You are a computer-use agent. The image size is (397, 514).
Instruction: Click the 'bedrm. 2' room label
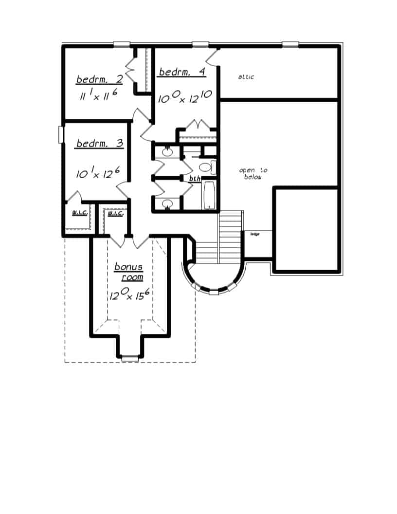(x=99, y=79)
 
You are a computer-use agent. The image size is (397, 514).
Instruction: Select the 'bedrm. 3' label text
(x=99, y=144)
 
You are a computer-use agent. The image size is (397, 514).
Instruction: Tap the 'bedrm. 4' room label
(x=182, y=72)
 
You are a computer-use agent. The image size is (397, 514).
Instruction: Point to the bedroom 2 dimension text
(x=99, y=96)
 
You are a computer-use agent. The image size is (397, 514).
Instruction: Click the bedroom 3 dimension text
(x=99, y=173)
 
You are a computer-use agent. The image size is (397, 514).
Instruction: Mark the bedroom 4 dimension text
(x=184, y=97)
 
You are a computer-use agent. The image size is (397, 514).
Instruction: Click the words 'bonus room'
(x=129, y=272)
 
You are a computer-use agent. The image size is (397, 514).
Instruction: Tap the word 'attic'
(x=246, y=77)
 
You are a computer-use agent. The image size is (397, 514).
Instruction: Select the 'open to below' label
(x=253, y=174)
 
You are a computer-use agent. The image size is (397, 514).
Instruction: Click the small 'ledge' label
(x=254, y=234)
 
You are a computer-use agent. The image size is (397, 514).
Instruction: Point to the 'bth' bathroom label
(x=195, y=179)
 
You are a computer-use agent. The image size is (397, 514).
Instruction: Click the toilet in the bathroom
(x=206, y=167)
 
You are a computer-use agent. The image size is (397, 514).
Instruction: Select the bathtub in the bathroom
(x=209, y=196)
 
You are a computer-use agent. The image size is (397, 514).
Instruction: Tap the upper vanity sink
(x=167, y=152)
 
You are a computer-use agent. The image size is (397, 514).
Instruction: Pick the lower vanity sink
(x=167, y=204)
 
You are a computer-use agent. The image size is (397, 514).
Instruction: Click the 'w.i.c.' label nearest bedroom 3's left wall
(x=79, y=213)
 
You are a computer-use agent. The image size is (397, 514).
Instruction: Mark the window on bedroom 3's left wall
(x=61, y=134)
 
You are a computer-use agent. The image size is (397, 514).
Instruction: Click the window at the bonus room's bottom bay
(x=130, y=358)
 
